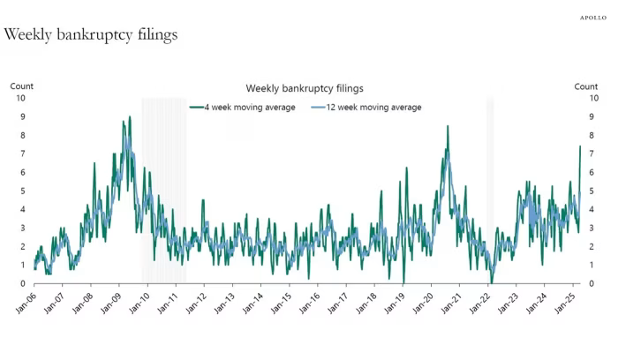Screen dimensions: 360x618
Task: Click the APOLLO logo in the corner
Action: pos(592,17)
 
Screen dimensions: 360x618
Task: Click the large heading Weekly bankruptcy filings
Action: pos(91,35)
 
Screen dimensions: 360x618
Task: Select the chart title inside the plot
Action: pos(305,88)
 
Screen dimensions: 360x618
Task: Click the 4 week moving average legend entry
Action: pos(243,107)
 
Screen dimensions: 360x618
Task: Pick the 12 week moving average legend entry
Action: pos(366,107)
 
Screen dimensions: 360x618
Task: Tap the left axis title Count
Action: pos(22,86)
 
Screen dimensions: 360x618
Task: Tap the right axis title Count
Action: pos(585,86)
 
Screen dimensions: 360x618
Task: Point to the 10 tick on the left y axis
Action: pos(21,98)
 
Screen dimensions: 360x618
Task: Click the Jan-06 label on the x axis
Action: pos(26,303)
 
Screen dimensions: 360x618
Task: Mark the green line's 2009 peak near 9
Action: pos(130,116)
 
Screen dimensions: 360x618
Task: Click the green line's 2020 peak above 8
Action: pos(448,126)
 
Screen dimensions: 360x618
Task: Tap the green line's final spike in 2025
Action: pos(579,146)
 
